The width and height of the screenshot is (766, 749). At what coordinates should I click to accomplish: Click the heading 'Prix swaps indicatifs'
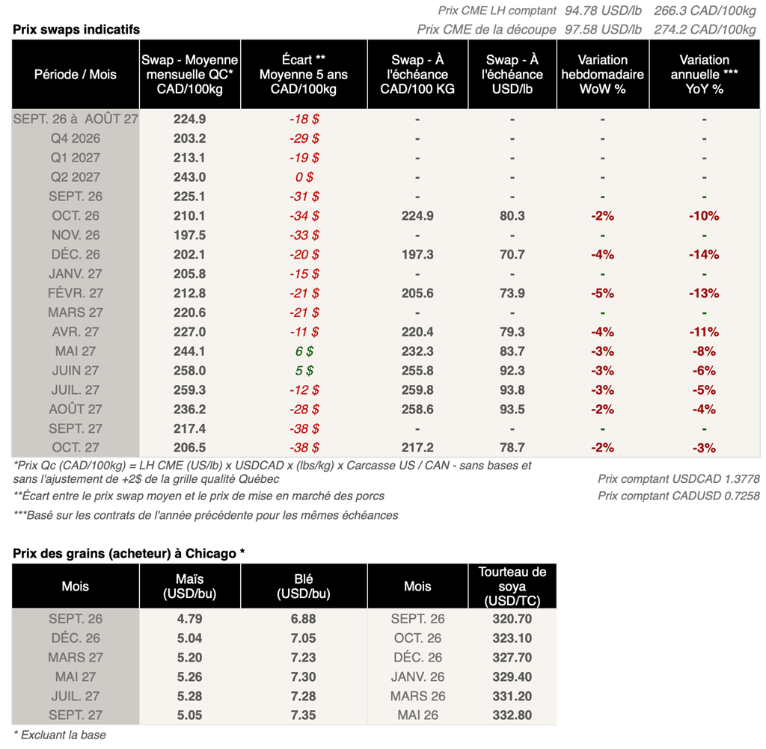tap(76, 29)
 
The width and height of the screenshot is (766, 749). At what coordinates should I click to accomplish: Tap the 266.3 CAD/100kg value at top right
tap(705, 10)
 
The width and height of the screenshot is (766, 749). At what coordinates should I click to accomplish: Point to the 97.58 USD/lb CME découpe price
tap(603, 29)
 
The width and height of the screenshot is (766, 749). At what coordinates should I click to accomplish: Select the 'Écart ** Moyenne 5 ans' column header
tap(304, 74)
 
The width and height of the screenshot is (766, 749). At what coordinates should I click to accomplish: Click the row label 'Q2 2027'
tap(76, 176)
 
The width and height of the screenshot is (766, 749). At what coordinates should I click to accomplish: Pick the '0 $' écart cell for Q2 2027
tap(304, 176)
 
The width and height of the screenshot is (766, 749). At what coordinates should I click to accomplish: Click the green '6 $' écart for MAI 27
tap(304, 351)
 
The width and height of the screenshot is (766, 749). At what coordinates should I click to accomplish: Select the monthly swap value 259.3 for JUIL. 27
tap(189, 389)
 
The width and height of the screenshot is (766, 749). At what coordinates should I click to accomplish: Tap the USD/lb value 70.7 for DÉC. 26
tap(512, 254)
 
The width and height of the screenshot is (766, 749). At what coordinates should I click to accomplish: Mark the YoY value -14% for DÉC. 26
tap(704, 254)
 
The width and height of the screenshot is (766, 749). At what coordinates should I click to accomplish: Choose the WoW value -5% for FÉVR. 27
tap(602, 293)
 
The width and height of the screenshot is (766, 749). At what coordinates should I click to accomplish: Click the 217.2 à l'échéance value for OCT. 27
tap(417, 447)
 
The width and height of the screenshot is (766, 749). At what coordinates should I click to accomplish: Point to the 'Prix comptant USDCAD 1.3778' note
tap(678, 479)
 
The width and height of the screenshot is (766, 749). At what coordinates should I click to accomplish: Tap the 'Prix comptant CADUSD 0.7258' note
tap(678, 496)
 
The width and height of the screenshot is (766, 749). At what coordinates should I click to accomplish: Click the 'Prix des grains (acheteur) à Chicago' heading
tap(129, 553)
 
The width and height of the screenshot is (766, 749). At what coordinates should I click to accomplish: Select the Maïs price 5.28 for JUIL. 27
tap(189, 696)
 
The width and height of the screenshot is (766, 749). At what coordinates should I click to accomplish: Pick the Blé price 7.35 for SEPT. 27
tap(304, 715)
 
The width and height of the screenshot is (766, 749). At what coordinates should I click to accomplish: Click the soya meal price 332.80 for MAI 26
tap(512, 715)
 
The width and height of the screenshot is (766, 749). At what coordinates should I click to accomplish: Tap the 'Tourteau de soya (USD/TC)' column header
tap(512, 586)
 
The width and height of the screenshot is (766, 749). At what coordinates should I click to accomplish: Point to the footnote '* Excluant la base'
tap(60, 735)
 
